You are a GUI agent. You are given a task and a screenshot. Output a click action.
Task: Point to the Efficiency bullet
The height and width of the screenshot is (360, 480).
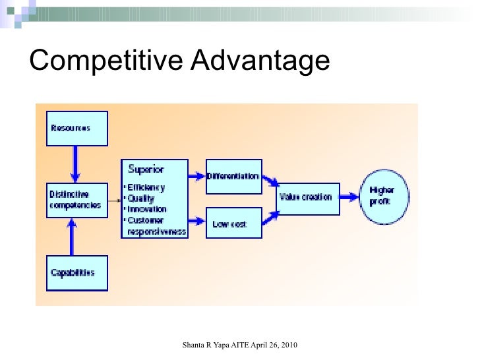(146, 187)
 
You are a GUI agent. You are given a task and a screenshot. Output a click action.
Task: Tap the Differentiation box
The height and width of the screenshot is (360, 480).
(233, 176)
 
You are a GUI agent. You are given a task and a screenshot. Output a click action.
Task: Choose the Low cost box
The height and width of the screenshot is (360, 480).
(233, 224)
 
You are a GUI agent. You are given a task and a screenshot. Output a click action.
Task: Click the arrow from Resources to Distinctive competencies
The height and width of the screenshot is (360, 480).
(76, 164)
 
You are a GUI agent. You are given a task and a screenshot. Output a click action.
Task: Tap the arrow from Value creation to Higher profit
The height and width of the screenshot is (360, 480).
(349, 196)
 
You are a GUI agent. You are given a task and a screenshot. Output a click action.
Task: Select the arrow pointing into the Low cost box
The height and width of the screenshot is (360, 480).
(196, 220)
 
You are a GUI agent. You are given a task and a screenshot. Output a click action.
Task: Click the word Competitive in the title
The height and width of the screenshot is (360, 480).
(105, 61)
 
